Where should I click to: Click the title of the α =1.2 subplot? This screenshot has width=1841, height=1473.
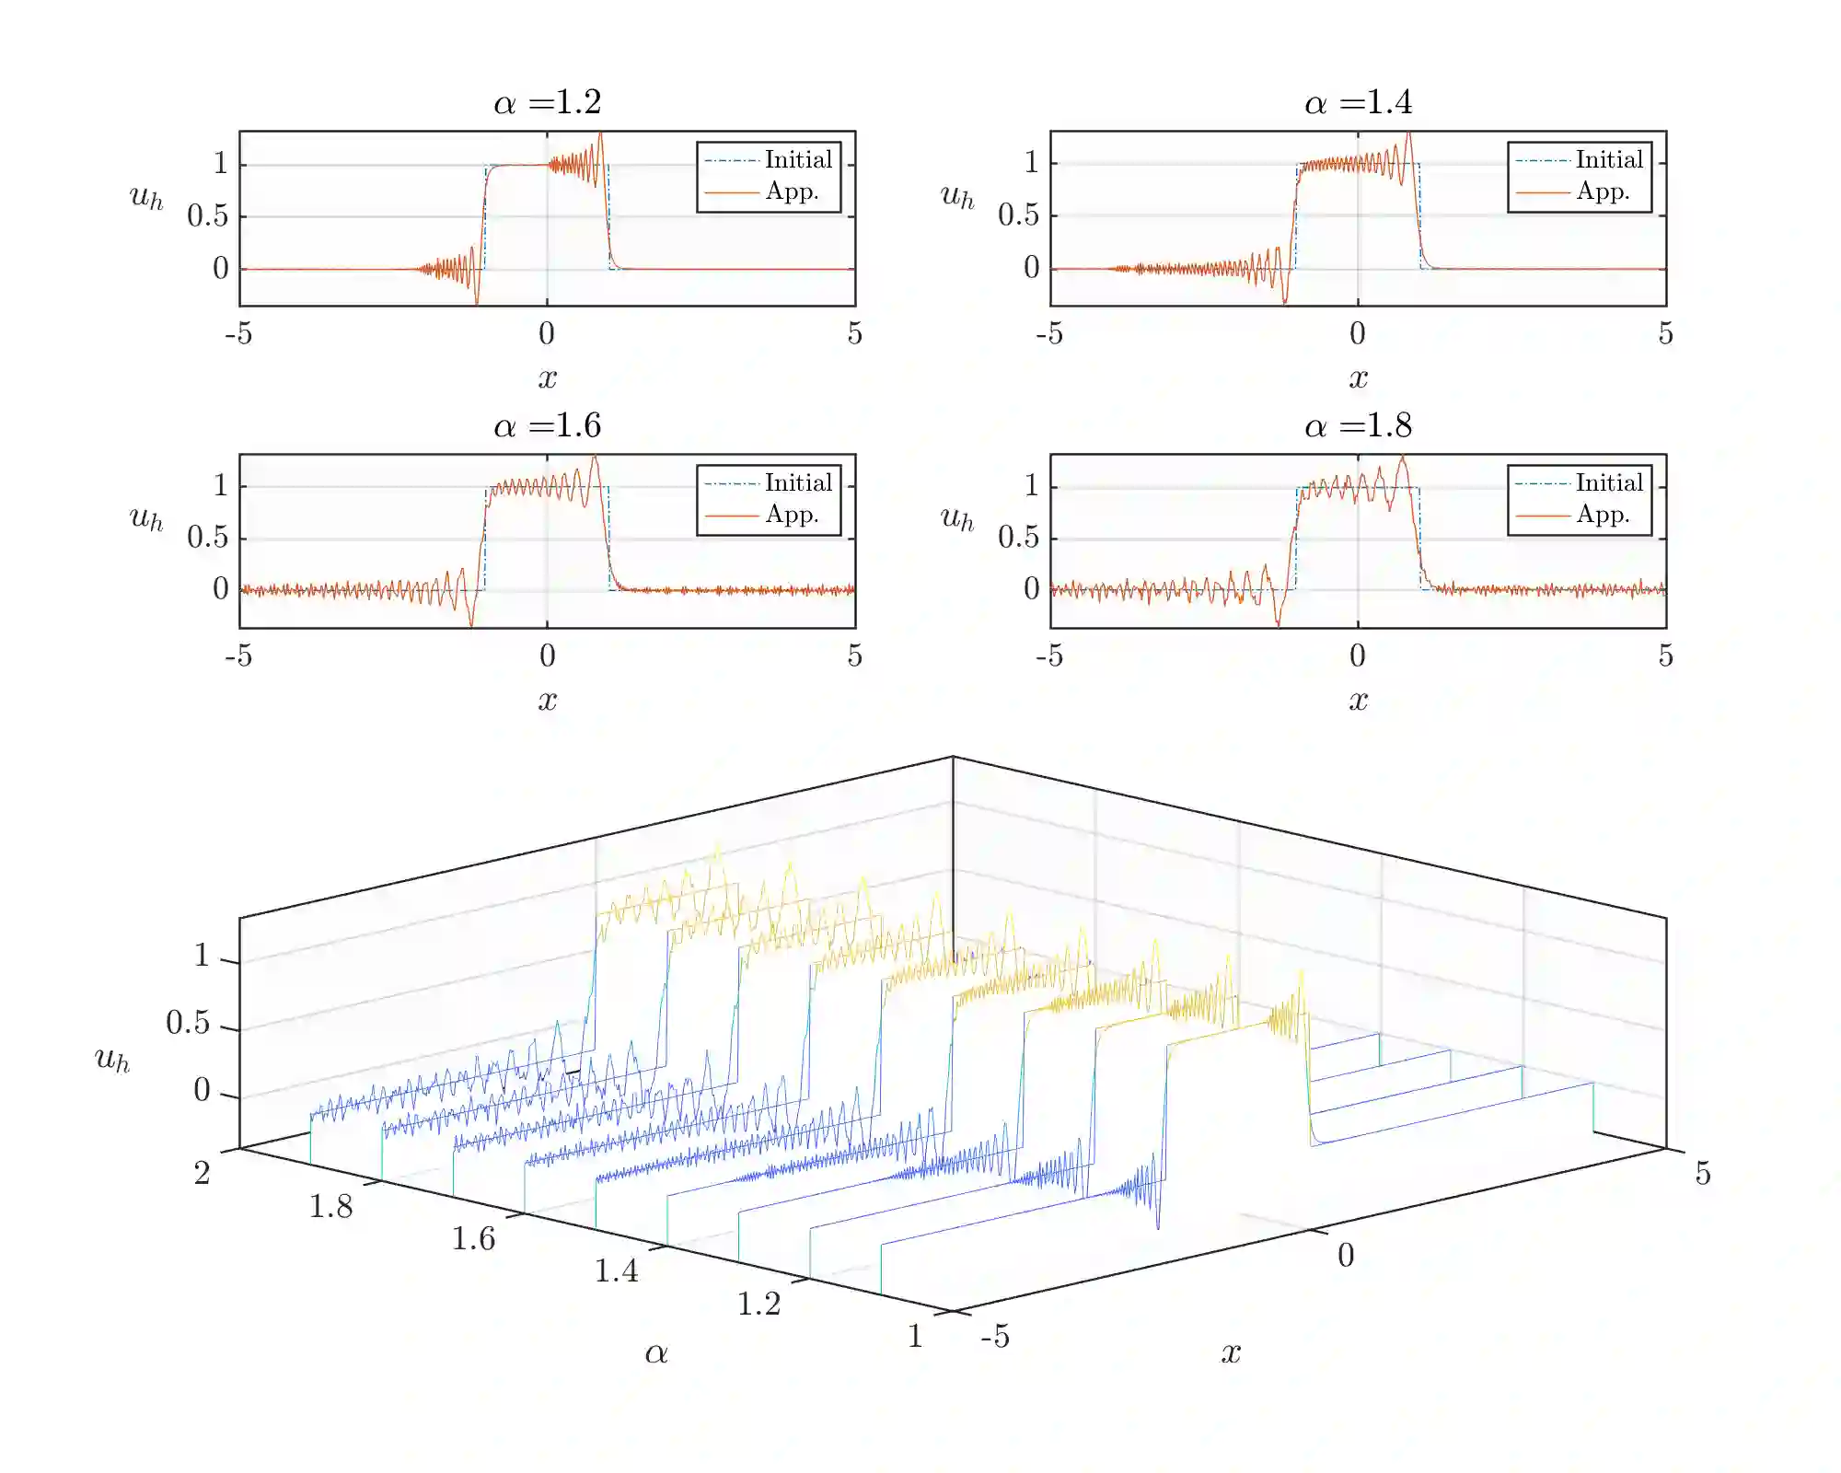click(x=548, y=102)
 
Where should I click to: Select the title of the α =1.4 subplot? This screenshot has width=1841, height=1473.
click(x=1358, y=102)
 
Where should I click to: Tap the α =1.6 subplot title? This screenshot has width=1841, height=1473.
click(x=548, y=425)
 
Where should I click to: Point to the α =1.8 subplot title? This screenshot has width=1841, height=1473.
click(x=1358, y=425)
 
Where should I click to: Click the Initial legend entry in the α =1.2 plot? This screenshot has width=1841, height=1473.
click(x=798, y=160)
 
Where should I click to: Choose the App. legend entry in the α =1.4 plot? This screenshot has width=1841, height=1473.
click(x=1603, y=191)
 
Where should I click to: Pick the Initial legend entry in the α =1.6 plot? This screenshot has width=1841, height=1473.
click(x=798, y=483)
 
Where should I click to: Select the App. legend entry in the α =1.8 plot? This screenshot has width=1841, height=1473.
click(x=1603, y=515)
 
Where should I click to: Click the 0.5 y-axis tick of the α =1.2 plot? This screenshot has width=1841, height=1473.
click(x=207, y=216)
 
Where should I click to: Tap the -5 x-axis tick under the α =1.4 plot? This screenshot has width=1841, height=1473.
click(x=1049, y=333)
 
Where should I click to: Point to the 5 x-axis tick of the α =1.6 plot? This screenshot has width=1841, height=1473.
click(x=855, y=655)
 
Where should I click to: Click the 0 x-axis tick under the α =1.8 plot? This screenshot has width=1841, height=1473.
click(x=1358, y=655)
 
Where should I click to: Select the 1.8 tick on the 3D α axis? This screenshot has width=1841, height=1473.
click(x=330, y=1207)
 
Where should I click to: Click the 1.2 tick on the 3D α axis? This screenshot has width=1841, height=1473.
click(x=758, y=1304)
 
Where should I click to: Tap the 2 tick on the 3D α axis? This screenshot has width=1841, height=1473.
click(x=202, y=1174)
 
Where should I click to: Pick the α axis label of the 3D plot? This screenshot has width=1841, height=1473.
click(x=656, y=1353)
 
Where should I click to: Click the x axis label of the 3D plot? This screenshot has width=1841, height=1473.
click(x=1231, y=1352)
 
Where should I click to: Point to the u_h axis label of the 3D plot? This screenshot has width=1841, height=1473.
click(x=112, y=1060)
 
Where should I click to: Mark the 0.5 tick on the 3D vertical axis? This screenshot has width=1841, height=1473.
click(x=188, y=1023)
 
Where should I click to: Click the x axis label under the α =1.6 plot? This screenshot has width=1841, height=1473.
click(x=548, y=701)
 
